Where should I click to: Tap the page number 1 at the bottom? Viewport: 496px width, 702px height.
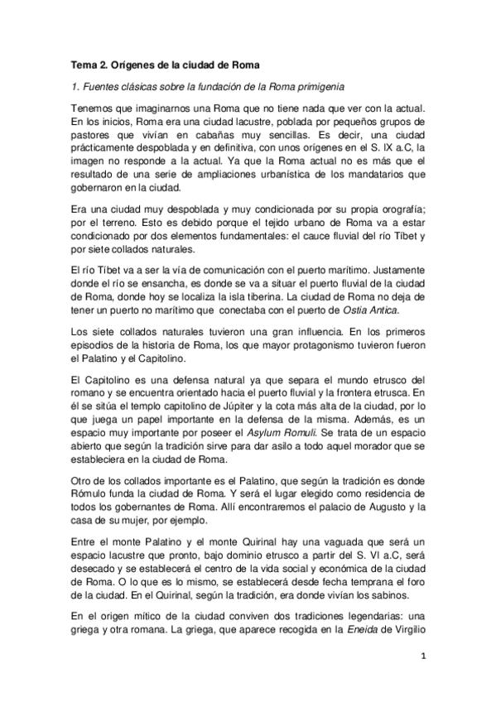(421, 657)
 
